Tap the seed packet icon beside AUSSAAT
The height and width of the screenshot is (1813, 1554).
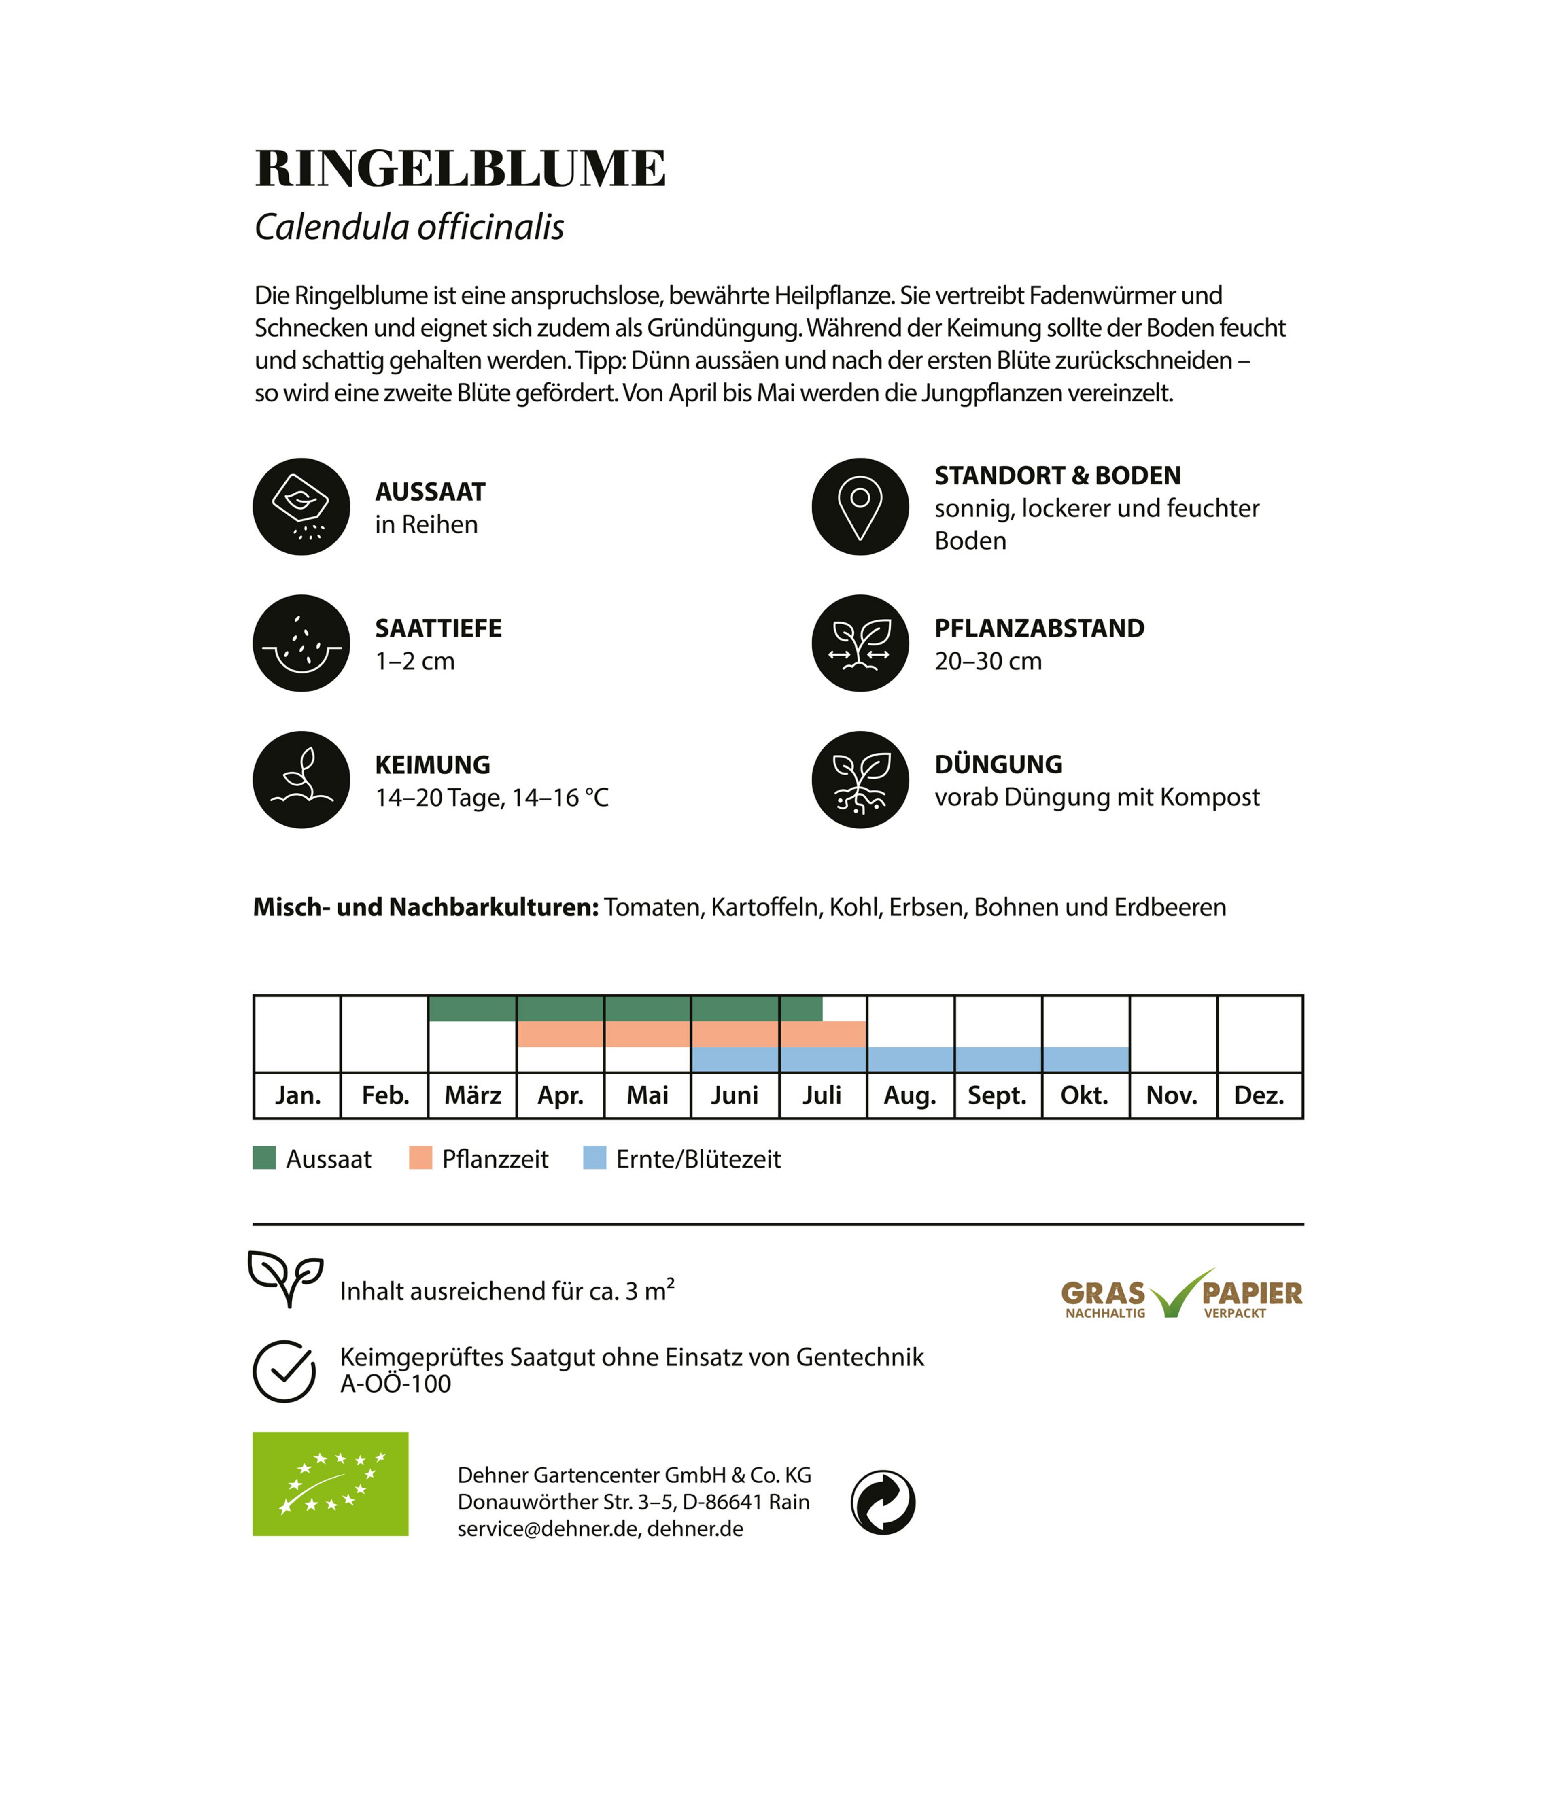[301, 507]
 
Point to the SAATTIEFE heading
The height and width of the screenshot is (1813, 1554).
[438, 628]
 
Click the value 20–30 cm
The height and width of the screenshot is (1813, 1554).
[988, 662]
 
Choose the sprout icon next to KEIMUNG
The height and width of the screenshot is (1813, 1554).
[301, 779]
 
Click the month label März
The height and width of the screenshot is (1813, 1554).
[473, 1095]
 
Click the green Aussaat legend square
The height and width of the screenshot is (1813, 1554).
[264, 1159]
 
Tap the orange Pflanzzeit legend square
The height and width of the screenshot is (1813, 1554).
[420, 1159]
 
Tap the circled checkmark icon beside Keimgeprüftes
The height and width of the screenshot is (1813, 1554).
[284, 1371]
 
